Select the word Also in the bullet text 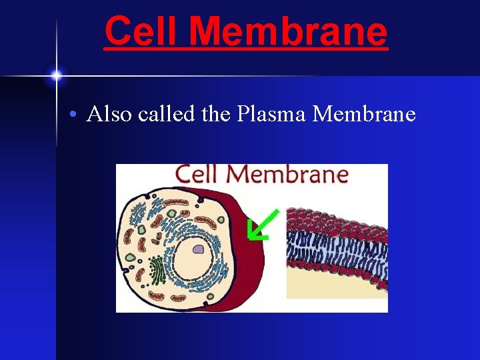(109, 114)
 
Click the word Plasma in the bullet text (272, 115)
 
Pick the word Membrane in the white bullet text (364, 114)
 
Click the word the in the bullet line (215, 114)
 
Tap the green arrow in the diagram (261, 225)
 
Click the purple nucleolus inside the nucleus (198, 250)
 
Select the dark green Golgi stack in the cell (156, 269)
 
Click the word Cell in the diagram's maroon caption (199, 175)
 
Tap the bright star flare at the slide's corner (56, 75)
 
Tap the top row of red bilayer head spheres (333, 217)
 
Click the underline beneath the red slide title (245, 49)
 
